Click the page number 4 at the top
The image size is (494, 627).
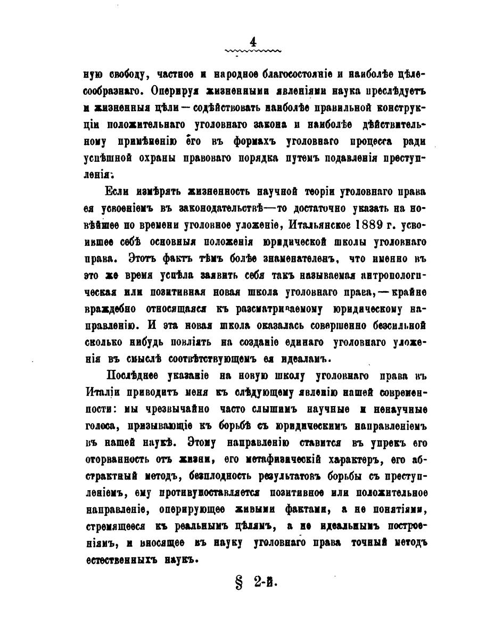tap(253, 42)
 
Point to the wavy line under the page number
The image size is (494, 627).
tap(253, 52)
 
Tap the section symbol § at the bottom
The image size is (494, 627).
tap(238, 582)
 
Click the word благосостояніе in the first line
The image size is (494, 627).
tap(322, 72)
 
